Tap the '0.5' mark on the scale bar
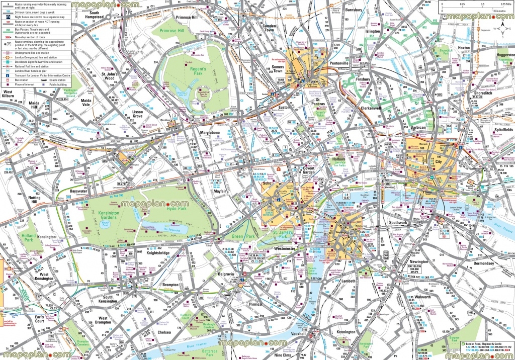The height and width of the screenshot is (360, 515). (x=482, y=4)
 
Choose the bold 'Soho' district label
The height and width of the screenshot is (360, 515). (x=267, y=184)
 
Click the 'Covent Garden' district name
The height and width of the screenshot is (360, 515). (x=308, y=170)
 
